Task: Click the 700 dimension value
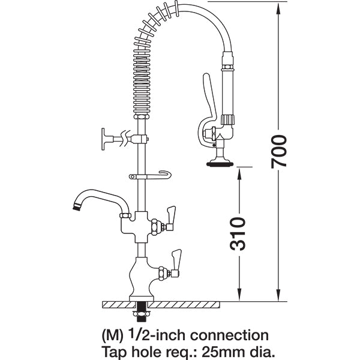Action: click(x=280, y=151)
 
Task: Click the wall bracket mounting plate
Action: click(x=104, y=137)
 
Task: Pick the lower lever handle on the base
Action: click(x=177, y=259)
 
